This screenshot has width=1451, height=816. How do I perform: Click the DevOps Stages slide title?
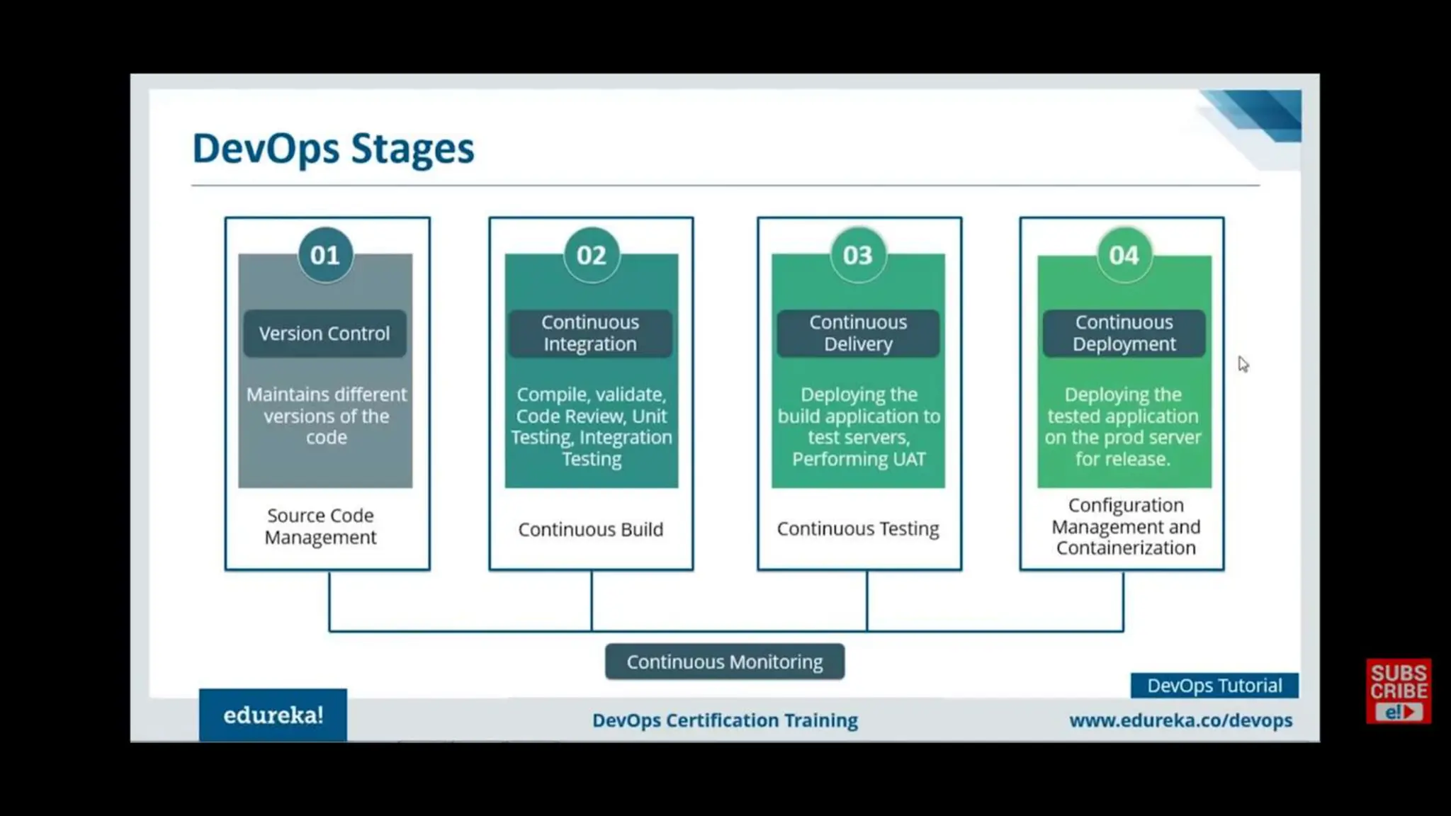tap(333, 149)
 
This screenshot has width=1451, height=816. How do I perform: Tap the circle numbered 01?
tap(325, 255)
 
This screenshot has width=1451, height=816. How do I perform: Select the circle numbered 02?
tap(592, 255)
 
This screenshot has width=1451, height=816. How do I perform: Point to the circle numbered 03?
tap(858, 255)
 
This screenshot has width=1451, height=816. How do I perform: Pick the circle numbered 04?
tap(1124, 255)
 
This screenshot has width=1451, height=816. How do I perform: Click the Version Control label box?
tap(324, 333)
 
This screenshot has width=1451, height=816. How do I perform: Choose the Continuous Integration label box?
tap(590, 333)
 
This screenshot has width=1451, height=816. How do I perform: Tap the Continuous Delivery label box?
tap(858, 333)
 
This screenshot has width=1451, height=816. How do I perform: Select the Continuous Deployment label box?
tap(1124, 333)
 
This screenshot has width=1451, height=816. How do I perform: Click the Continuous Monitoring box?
tap(725, 662)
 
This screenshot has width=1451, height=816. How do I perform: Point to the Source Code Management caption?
tap(320, 526)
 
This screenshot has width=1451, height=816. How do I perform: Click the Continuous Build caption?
tap(590, 529)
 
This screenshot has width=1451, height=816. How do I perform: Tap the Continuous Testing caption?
tap(858, 528)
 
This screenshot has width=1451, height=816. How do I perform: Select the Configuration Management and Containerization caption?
tap(1125, 526)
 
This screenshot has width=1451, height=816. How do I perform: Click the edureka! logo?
tap(273, 715)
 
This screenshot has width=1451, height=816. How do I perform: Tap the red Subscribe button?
tap(1399, 691)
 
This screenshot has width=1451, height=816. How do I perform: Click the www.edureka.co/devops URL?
tap(1180, 720)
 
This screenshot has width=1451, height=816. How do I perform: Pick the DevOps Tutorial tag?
tap(1214, 686)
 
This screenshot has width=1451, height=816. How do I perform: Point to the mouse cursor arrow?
tap(1243, 363)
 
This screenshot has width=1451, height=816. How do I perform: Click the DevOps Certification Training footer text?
tap(725, 720)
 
